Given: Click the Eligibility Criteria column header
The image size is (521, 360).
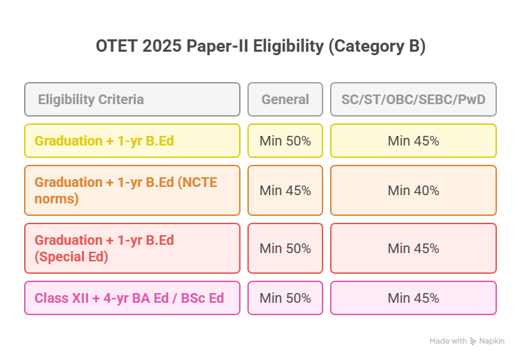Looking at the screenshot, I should pos(132,99).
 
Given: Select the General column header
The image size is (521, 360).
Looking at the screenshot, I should pos(285,99).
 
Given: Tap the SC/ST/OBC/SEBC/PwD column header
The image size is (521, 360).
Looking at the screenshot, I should pos(413,99).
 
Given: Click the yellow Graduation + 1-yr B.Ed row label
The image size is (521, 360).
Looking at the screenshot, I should pos(132,141).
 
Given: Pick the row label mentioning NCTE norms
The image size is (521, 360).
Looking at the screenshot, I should pos(132,190).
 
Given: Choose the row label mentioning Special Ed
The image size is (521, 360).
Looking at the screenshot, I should pos(132,248).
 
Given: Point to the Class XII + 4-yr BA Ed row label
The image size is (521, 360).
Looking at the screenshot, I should pos(132,298).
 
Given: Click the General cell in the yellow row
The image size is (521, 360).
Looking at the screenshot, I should pos(285,141).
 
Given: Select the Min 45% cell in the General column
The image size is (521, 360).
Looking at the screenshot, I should pos(285,190).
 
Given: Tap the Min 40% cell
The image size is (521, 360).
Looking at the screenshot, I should pos(413,190).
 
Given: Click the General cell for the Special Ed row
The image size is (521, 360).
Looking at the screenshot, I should pos(285,248).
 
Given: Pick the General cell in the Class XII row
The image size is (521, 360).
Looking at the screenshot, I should pos(285,298).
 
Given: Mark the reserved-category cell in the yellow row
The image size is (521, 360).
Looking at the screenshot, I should pos(413,141).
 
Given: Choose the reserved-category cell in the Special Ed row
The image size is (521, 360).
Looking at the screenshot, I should pos(413,248).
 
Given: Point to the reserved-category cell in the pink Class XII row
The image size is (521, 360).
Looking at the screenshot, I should pos(413,298).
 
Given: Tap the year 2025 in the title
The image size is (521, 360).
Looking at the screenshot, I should pos(163,47).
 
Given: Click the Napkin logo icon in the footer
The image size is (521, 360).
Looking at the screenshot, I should pos(473,341).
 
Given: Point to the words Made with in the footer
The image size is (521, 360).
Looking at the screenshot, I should pos(447,341).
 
